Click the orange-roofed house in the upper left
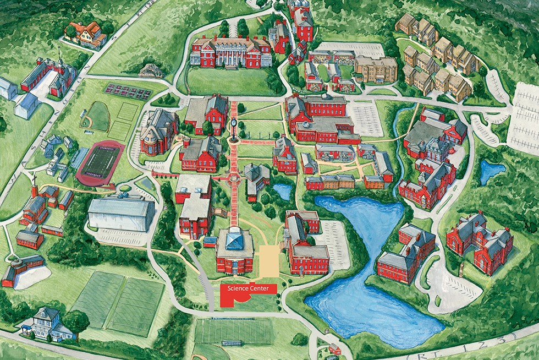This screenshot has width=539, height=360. point(85,34)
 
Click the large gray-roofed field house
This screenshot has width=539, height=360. point(121,214)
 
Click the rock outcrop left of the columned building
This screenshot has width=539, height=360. point(151,70)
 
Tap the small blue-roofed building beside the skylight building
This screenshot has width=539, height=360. point(210,242)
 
